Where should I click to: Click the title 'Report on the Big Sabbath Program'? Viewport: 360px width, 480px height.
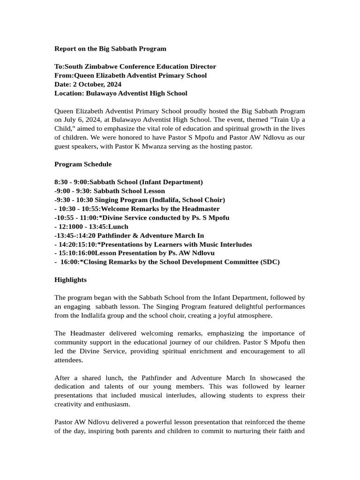click(x=110, y=49)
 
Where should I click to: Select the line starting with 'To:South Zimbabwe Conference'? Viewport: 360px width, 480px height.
click(x=135, y=67)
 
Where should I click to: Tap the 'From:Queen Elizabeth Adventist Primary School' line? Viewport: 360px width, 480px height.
click(x=130, y=75)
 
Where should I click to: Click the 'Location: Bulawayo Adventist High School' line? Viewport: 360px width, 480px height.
click(x=120, y=93)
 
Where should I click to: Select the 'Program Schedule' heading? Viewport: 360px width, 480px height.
click(x=83, y=164)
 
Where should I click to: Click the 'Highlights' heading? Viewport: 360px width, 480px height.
click(x=70, y=280)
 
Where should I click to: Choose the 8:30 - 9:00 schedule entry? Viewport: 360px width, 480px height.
click(x=128, y=182)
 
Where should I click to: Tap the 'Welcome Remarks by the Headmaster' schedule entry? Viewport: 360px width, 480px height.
click(x=160, y=209)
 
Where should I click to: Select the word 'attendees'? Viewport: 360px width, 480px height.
click(x=69, y=360)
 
